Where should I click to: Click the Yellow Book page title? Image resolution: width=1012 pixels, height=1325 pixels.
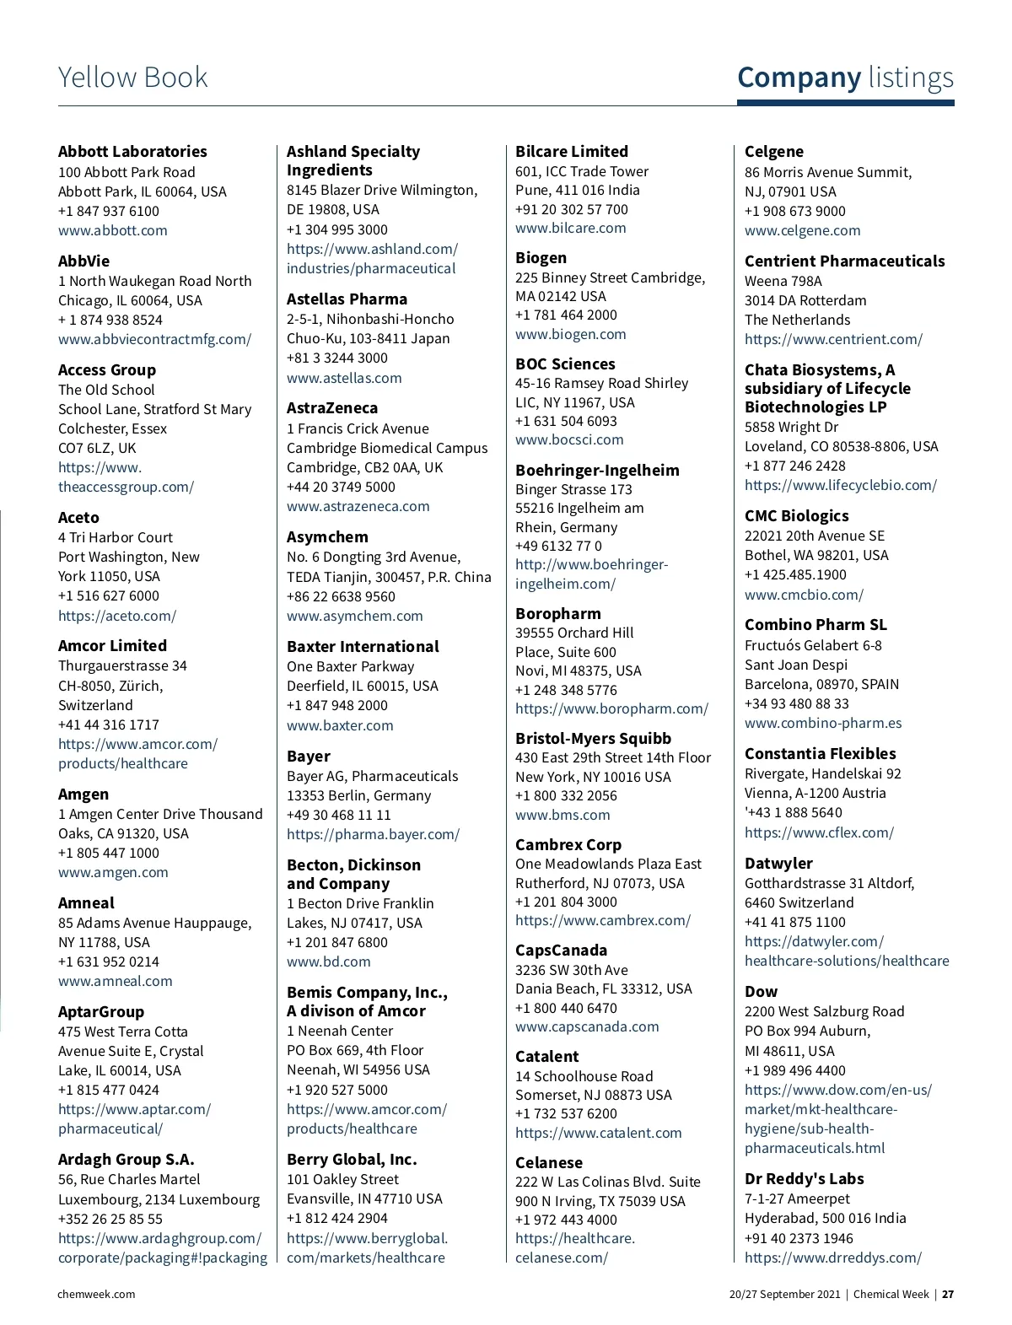[132, 78]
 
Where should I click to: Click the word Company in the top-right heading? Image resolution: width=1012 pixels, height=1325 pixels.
[799, 78]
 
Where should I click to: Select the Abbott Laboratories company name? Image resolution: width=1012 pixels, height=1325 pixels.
[132, 152]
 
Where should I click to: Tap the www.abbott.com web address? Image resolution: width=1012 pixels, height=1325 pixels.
[112, 230]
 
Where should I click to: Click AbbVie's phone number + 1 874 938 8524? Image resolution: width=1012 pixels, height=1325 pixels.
[110, 320]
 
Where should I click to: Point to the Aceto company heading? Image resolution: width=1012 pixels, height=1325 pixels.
[78, 518]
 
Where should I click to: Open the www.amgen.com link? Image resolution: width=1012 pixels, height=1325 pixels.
[113, 872]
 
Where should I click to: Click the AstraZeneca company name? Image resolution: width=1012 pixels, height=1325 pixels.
[332, 408]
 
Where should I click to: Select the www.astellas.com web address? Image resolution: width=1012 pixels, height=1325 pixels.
[344, 378]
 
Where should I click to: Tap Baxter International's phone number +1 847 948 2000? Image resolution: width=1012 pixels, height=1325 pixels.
[337, 705]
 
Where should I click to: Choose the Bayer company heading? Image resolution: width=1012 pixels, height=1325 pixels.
[309, 757]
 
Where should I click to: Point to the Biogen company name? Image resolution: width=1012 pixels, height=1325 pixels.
[541, 258]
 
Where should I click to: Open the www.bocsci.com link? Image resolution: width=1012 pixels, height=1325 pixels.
[569, 439]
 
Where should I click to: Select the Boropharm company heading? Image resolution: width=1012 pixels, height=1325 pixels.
[557, 614]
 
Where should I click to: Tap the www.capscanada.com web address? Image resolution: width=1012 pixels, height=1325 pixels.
[587, 1026]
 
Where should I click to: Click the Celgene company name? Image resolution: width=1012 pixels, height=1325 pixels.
[773, 152]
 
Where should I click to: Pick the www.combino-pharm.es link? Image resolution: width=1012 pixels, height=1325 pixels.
[822, 723]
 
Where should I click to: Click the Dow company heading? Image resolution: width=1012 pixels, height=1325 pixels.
[761, 992]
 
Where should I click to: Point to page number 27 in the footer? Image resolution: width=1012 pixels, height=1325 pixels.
[948, 1294]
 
